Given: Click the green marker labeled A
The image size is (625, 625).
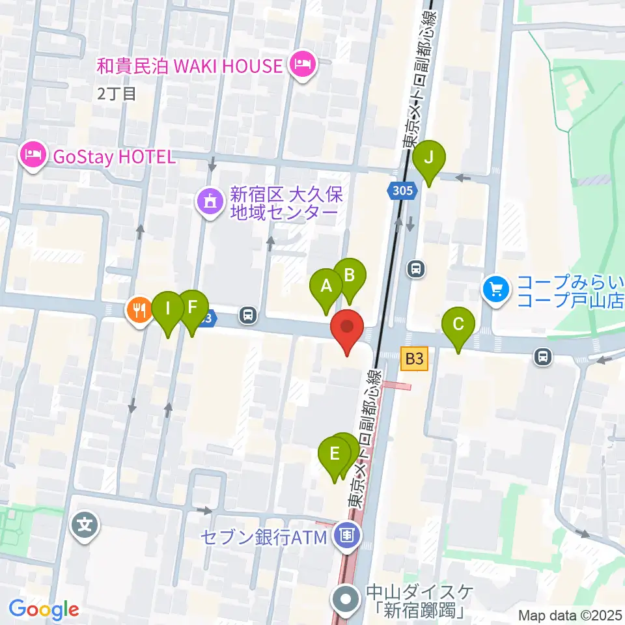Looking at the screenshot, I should [326, 286].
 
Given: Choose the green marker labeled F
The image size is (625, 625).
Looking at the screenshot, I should [191, 307].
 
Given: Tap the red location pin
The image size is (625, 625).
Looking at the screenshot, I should [347, 327].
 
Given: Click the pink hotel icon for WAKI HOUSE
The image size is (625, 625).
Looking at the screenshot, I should [303, 65].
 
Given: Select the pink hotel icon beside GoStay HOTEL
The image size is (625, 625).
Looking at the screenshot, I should [32, 156].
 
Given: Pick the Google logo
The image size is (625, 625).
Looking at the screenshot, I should [44, 610].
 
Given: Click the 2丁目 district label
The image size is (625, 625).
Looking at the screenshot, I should [117, 94].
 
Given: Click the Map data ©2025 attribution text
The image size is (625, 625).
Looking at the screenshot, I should [570, 615].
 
